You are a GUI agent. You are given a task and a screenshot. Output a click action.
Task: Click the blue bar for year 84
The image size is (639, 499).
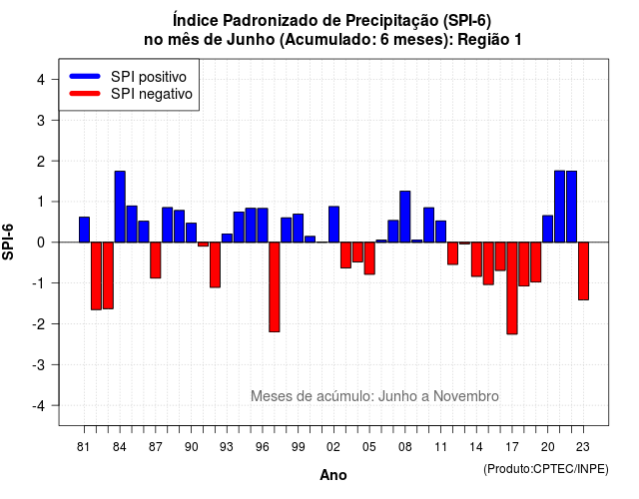pos(120,207)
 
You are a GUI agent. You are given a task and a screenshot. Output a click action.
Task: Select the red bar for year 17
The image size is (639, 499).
pos(512,288)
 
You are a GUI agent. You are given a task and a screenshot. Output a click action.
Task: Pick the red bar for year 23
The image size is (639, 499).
pos(583,270)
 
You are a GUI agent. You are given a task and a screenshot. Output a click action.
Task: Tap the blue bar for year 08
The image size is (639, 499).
pos(405,217)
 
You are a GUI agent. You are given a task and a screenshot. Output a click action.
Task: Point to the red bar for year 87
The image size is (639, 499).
pos(156,259)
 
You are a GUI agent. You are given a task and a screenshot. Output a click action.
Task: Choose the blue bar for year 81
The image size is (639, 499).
pos(84,230)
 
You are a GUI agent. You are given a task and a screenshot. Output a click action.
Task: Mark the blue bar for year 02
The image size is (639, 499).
pos(333,224)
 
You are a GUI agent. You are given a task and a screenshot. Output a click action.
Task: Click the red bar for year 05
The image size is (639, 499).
pos(369,258)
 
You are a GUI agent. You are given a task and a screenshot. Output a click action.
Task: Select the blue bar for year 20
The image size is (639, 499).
pos(548,229)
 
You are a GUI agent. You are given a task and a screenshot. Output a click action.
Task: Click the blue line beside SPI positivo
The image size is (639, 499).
pos(85,76)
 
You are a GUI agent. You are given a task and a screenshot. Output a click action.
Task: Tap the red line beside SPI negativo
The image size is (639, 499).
pos(85,93)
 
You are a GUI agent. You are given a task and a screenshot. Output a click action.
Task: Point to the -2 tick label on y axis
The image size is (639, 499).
pos(40,324)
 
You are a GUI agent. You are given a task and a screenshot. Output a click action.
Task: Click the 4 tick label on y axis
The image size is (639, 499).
pos(41,80)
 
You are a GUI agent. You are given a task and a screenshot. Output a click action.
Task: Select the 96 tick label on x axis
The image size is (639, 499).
pos(263,447)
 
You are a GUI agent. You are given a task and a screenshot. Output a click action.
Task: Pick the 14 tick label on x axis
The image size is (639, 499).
pos(476,447)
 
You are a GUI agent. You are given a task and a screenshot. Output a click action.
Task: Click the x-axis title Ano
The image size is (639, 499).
pos(333,475)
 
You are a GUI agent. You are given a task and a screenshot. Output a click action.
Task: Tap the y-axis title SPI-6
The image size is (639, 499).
pos(8,242)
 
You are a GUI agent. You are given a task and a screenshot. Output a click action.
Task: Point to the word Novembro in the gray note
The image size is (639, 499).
pos(466,396)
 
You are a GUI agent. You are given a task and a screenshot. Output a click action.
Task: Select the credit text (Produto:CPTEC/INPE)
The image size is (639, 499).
pos(546,469)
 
